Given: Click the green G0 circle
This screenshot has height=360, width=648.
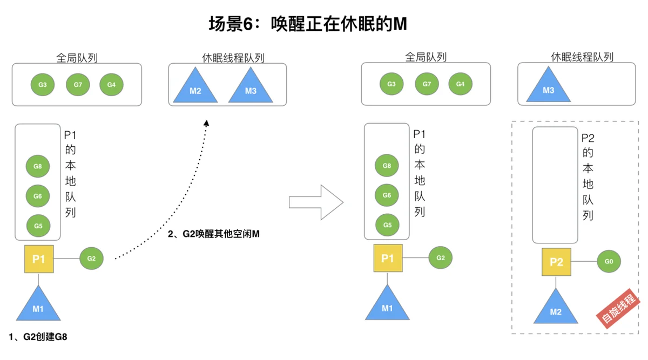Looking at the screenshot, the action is (609, 261).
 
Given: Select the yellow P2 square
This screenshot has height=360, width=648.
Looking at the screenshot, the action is (556, 262).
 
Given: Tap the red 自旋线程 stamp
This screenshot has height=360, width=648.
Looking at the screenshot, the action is (618, 309).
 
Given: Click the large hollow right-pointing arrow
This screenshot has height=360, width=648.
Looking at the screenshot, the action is (316, 202).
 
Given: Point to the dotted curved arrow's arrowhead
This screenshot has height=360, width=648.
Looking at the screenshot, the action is (206, 123).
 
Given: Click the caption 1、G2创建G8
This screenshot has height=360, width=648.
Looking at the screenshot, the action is (38, 337).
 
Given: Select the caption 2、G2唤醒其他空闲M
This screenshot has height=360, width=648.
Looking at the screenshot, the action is (213, 234).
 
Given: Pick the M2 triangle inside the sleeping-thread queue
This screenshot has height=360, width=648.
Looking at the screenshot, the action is (195, 85).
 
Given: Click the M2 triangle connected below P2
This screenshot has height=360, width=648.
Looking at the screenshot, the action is (556, 306).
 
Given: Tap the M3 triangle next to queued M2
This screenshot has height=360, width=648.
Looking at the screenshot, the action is (251, 85).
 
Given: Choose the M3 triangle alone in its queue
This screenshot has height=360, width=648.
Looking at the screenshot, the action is (548, 84).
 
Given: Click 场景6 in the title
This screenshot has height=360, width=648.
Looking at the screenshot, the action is (231, 24).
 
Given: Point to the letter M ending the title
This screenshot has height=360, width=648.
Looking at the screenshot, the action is (400, 24).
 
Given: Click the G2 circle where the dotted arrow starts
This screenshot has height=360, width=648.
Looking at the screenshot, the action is (91, 258).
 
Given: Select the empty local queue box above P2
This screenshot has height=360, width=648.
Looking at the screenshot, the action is (555, 185).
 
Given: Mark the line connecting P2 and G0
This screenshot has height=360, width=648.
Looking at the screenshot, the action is (584, 261).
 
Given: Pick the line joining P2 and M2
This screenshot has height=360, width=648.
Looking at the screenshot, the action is (556, 282).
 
